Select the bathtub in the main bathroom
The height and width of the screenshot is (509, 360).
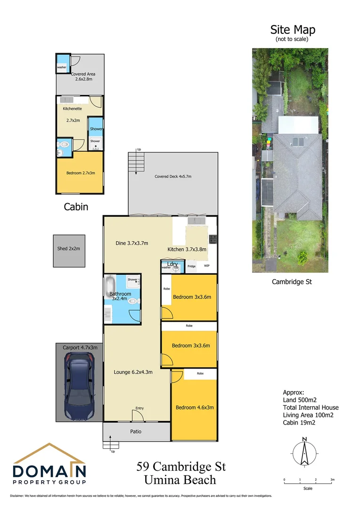(x=110, y=287)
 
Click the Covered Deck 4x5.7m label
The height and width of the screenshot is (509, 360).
(x=173, y=177)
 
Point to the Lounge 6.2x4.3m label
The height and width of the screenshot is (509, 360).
(x=133, y=372)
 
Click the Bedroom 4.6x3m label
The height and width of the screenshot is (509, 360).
(x=195, y=408)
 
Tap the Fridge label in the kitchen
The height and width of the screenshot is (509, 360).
(x=191, y=267)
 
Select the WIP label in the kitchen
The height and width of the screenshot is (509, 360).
(x=206, y=266)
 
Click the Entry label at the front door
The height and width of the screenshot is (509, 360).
(x=139, y=408)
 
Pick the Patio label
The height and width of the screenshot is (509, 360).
(x=136, y=431)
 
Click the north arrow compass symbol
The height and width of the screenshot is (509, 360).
(x=305, y=453)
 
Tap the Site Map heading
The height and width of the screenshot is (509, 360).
(x=292, y=30)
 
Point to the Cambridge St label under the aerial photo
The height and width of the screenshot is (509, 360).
(x=292, y=282)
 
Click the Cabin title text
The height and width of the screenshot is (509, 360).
(x=76, y=206)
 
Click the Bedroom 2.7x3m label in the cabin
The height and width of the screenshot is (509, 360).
(x=81, y=173)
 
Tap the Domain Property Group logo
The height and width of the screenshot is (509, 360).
(x=49, y=465)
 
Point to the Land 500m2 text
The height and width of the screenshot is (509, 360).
(x=300, y=400)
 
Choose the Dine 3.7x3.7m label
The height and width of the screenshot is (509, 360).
(x=132, y=243)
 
